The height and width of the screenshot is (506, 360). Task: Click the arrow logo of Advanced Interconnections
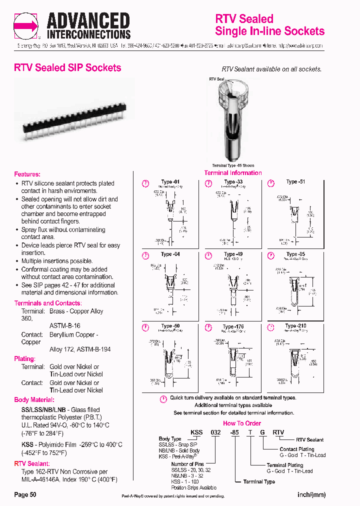point(26,25)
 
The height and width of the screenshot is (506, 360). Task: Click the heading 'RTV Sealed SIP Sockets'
point(67,68)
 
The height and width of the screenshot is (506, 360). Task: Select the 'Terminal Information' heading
point(233,173)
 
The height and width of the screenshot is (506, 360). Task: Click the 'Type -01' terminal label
point(170,181)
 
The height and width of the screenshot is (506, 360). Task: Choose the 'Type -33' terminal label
point(233,181)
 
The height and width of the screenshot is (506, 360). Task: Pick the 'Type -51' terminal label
point(295,181)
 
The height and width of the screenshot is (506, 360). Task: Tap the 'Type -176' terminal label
point(233,327)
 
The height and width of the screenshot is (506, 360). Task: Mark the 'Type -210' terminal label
point(295,326)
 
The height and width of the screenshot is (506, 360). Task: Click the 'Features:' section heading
point(27,174)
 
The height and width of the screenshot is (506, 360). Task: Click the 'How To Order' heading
point(233,422)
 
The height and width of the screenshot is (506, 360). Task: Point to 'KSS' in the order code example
point(195,432)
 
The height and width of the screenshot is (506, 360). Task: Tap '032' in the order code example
point(216,432)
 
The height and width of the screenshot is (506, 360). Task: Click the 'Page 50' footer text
point(25,494)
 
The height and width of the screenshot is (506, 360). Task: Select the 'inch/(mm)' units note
point(311,494)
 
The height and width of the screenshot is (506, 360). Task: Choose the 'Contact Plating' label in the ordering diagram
point(297,449)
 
